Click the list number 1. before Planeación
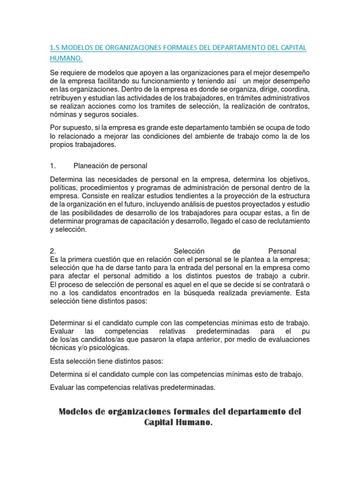53,165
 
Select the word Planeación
94,165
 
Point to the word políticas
64,188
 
